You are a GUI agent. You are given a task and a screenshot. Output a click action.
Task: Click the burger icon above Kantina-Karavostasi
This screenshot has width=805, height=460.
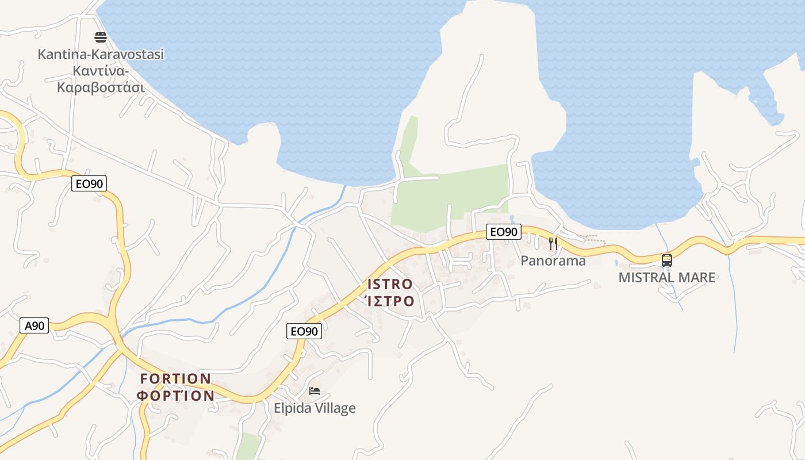tap(101, 38)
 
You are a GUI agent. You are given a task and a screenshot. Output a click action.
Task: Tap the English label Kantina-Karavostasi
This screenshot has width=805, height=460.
tap(101, 55)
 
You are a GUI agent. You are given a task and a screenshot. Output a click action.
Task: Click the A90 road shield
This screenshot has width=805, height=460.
tap(34, 325)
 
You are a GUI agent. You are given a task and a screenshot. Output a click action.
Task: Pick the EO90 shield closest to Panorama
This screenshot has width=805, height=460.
tap(503, 232)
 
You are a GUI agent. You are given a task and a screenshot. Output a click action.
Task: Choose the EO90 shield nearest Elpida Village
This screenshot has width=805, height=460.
tap(304, 331)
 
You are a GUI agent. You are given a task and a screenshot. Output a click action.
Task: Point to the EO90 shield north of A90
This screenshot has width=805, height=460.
tap(89, 183)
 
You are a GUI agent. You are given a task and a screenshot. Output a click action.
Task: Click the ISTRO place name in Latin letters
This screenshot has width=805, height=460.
tap(390, 284)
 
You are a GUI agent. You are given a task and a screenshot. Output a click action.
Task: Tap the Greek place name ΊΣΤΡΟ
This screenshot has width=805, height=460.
tap(390, 301)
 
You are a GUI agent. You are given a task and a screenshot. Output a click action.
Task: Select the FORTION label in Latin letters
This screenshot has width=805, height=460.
tap(176, 379)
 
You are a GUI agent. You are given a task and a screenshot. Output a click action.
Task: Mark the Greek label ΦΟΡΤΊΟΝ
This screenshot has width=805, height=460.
tap(176, 396)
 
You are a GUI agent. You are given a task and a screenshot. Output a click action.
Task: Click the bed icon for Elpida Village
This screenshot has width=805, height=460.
tap(314, 391)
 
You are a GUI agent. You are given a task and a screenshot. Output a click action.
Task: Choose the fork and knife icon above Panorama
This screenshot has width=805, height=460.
tap(553, 243)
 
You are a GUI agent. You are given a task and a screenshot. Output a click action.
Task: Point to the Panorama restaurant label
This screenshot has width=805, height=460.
tap(553, 261)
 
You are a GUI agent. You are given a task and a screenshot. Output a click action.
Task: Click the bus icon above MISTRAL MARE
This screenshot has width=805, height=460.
tap(667, 260)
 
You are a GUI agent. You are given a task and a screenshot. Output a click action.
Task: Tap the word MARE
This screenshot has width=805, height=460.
tap(699, 278)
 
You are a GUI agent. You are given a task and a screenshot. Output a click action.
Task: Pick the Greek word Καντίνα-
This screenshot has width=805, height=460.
tap(101, 71)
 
